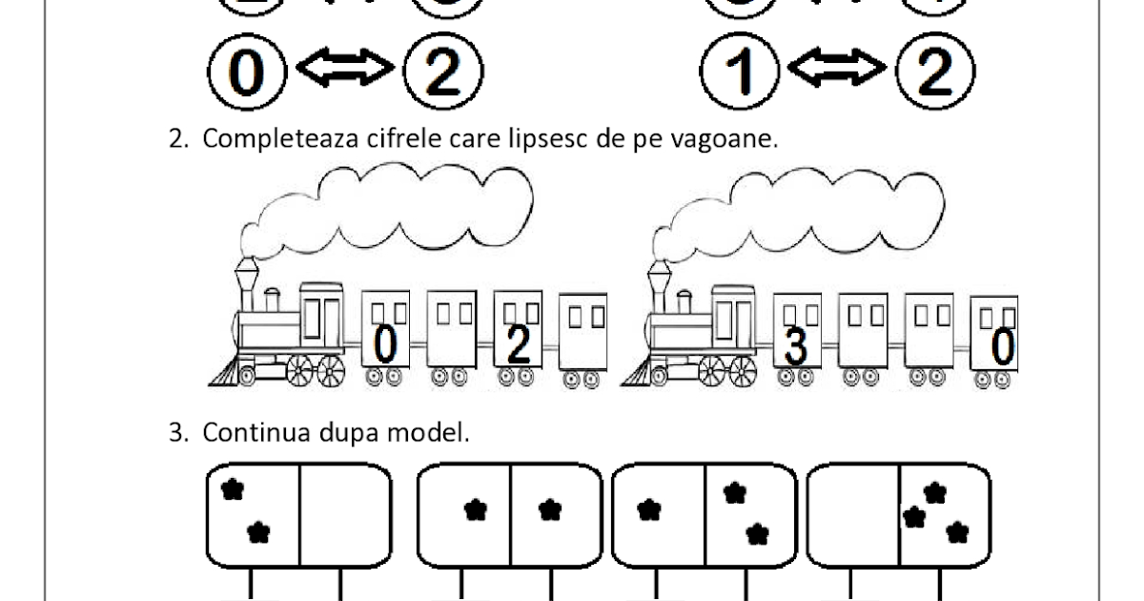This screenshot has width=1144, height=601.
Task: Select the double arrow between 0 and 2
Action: [344, 69]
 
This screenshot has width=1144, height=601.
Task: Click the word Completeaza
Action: [276, 139]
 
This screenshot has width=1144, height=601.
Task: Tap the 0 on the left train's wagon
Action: [384, 344]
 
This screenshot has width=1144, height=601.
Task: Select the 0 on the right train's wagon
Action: [1002, 348]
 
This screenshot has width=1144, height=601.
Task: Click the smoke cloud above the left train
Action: [400, 205]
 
